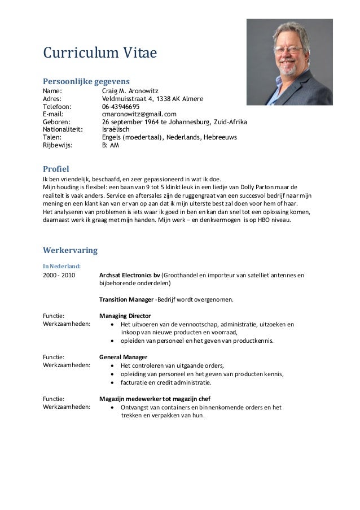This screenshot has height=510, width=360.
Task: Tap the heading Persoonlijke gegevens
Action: point(86,80)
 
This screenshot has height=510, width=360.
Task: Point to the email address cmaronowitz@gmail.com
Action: point(139,114)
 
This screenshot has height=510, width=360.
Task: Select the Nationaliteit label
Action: point(63,129)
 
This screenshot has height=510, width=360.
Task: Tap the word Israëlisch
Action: point(119,129)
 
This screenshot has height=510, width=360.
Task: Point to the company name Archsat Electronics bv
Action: point(129,276)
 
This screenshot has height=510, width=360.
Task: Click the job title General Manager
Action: point(123,357)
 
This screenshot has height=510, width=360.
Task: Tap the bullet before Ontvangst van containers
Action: point(115,407)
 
